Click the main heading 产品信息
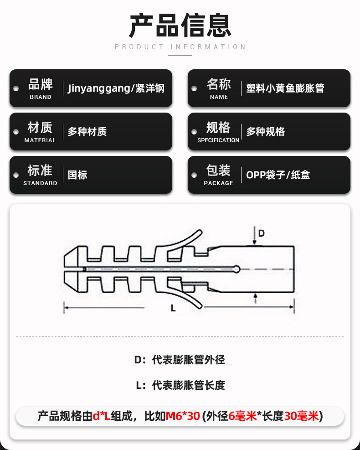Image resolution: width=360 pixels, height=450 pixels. tap(180, 26)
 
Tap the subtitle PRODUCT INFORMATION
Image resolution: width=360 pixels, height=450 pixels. tap(180, 47)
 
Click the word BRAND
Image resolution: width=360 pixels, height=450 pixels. tap(41, 97)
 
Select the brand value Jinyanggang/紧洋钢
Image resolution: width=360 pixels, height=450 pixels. tap(116, 88)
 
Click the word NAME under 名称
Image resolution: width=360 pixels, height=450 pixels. tap(219, 97)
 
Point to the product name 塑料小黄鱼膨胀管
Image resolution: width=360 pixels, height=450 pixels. tap(285, 88)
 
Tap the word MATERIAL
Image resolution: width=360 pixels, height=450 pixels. tap(40, 140)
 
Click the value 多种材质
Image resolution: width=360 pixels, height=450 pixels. tap(87, 131)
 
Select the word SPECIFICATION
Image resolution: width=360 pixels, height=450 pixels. tap(218, 140)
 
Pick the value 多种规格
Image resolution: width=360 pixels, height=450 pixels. tap(265, 131)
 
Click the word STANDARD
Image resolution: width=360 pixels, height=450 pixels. tap(40, 183)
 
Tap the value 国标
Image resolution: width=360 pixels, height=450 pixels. tap(77, 175)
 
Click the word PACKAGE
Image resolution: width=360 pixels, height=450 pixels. tap(219, 183)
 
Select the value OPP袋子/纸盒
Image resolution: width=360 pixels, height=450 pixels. tap(278, 175)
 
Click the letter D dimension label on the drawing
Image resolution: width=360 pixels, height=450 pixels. tap(261, 233)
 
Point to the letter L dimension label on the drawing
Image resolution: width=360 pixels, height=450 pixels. tap(173, 308)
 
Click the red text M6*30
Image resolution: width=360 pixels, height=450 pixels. tap(183, 416)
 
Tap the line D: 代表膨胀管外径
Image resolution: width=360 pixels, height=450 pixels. tap(180, 360)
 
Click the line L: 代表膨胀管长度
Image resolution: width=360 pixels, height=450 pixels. tap(180, 385)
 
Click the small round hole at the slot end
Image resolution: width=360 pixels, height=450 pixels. tap(237, 269)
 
